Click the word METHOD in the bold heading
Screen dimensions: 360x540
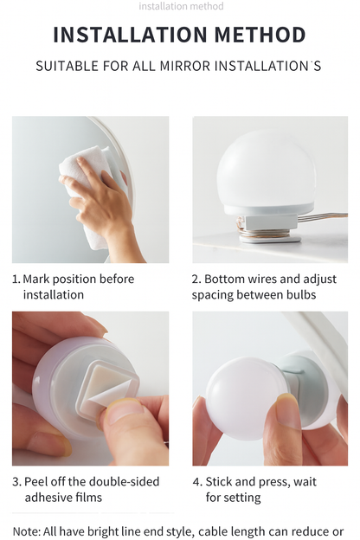260,35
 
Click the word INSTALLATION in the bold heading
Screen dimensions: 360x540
130,35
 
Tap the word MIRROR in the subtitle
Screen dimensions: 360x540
184,66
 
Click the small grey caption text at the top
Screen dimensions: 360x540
181,6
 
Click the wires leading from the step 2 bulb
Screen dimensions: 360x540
323,217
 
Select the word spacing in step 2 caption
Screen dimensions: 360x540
213,295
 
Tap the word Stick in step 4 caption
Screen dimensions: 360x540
216,481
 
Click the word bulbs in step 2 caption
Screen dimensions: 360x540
301,295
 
